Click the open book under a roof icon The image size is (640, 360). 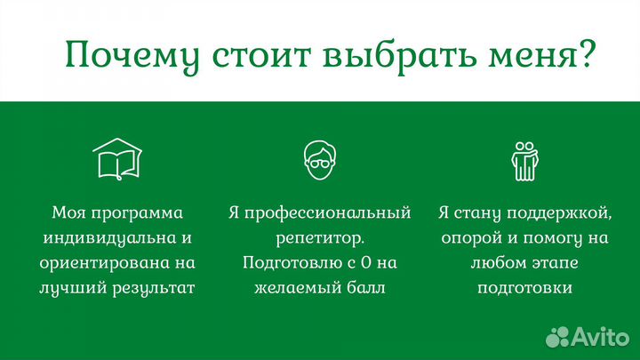(x=117, y=160)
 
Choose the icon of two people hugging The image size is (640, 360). (x=524, y=160)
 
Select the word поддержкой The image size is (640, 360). (x=564, y=213)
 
